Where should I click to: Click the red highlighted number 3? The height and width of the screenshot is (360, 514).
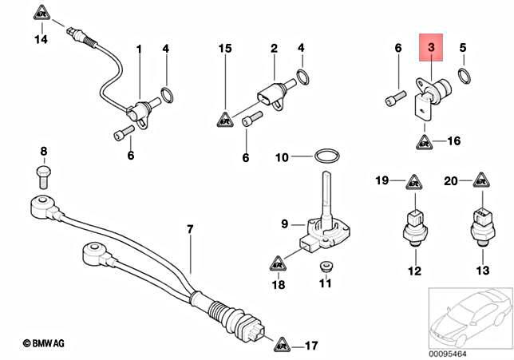431,49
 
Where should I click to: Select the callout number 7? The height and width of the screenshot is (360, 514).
190,230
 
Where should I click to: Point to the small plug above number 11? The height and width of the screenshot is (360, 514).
325,266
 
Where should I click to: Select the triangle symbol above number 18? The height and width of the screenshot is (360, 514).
277,262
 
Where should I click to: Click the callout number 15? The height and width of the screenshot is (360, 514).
226,49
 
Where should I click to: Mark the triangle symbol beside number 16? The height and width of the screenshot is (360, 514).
423,142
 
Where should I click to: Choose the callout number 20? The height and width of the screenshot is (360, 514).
450,182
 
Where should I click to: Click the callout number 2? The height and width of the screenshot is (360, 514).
274,49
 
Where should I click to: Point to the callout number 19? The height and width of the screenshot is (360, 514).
382,182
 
